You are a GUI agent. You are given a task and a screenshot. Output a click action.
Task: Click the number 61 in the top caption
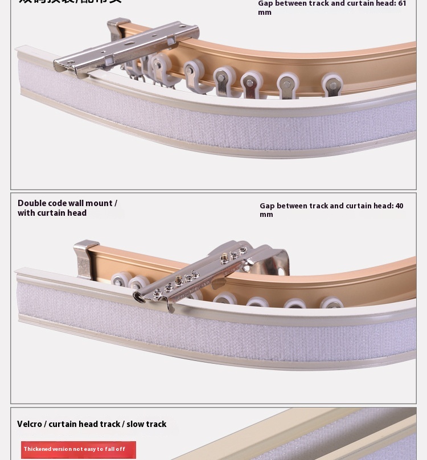(401, 3)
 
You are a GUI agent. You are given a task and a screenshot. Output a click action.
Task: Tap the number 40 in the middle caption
(399, 206)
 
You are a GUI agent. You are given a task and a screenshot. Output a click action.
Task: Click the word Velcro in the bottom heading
(30, 424)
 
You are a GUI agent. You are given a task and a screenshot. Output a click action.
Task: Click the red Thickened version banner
(79, 449)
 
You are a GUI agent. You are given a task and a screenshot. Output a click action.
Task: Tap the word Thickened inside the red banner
(37, 449)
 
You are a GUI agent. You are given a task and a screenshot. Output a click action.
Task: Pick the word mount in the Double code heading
(99, 203)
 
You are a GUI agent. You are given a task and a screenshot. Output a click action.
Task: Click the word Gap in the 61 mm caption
(265, 3)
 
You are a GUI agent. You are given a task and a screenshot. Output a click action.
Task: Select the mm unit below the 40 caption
(266, 215)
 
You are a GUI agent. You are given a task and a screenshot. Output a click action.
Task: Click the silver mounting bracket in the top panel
(128, 46)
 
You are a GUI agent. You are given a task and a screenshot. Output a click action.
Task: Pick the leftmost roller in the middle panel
(120, 281)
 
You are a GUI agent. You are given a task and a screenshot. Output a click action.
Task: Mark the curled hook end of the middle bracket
(139, 297)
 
